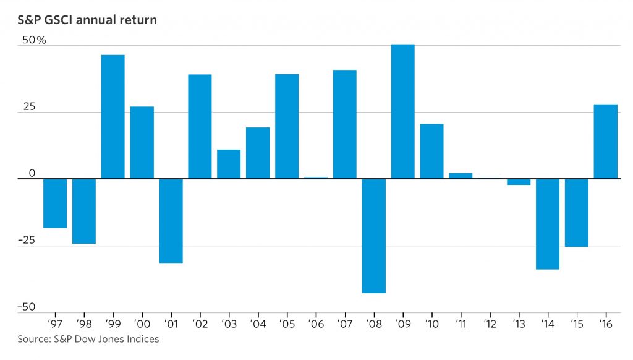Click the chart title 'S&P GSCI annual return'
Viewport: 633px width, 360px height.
point(87,20)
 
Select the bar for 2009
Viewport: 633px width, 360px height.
point(402,111)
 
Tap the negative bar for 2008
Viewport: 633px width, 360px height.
point(373,236)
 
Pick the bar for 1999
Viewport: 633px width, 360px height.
point(113,117)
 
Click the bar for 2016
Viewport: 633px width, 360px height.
point(605,142)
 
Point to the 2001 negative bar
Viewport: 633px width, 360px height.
point(171,221)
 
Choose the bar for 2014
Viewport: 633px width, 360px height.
point(547,224)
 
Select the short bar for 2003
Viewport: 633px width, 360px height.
point(229,164)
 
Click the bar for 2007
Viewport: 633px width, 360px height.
point(344,124)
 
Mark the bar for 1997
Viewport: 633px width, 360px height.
point(55,204)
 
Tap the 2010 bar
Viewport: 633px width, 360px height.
point(431,152)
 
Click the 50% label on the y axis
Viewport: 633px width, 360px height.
point(35,40)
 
